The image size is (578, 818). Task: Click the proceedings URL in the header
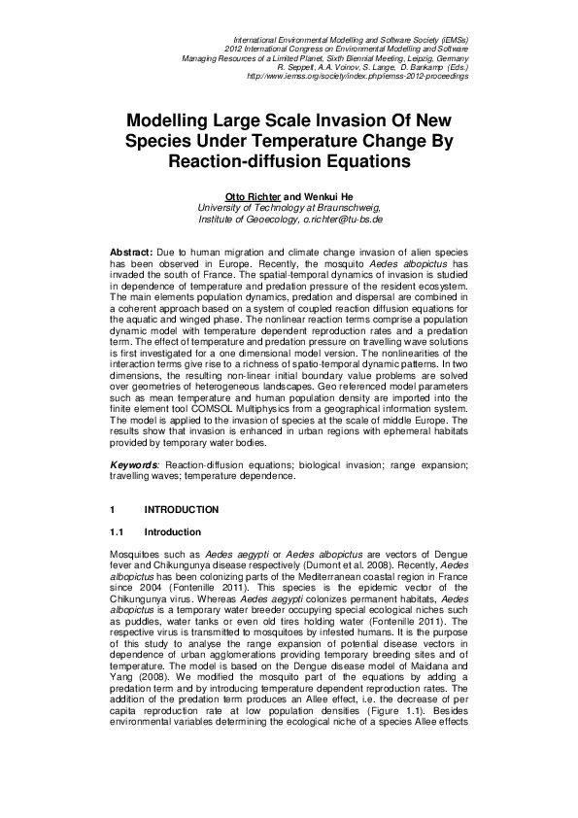click(x=358, y=76)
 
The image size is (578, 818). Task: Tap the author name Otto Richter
click(x=253, y=197)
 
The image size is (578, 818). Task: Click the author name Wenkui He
click(x=325, y=197)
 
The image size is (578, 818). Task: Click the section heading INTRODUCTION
click(x=182, y=510)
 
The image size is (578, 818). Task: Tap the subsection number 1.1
click(x=118, y=532)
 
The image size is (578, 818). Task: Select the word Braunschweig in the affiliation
click(x=349, y=208)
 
